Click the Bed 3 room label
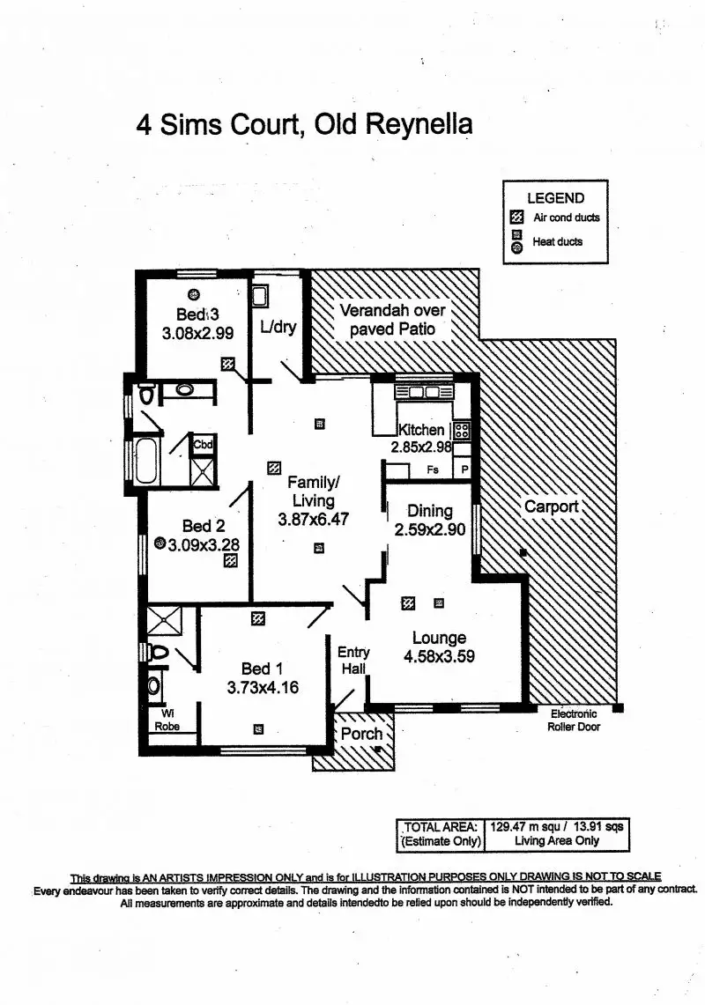(x=197, y=314)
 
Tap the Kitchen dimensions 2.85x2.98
(x=421, y=447)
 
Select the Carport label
(x=552, y=506)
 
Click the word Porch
(x=361, y=734)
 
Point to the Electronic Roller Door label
(x=573, y=720)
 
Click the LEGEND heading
(x=555, y=198)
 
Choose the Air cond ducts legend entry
(x=567, y=218)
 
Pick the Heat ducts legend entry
(x=557, y=241)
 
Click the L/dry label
(x=278, y=328)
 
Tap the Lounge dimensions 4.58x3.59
(x=439, y=656)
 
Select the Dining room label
(x=430, y=511)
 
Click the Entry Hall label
(x=353, y=661)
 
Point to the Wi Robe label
(x=167, y=720)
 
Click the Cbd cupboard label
(x=204, y=445)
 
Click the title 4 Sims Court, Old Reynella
(x=304, y=123)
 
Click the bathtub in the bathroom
(x=145, y=460)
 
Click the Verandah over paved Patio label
(x=393, y=320)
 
